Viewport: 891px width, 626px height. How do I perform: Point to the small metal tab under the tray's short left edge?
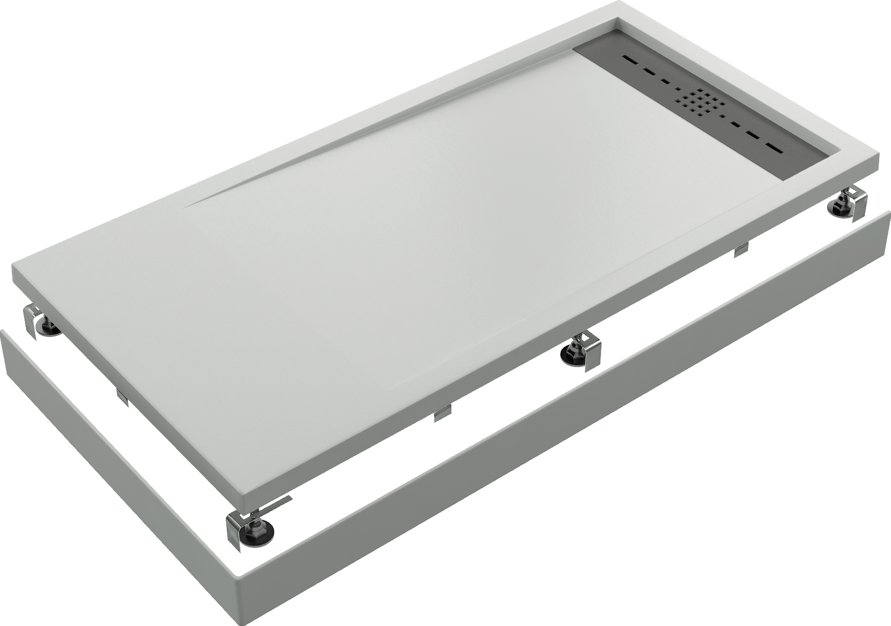(122, 397)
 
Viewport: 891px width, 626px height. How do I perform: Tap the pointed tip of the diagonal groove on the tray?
(187, 207)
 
